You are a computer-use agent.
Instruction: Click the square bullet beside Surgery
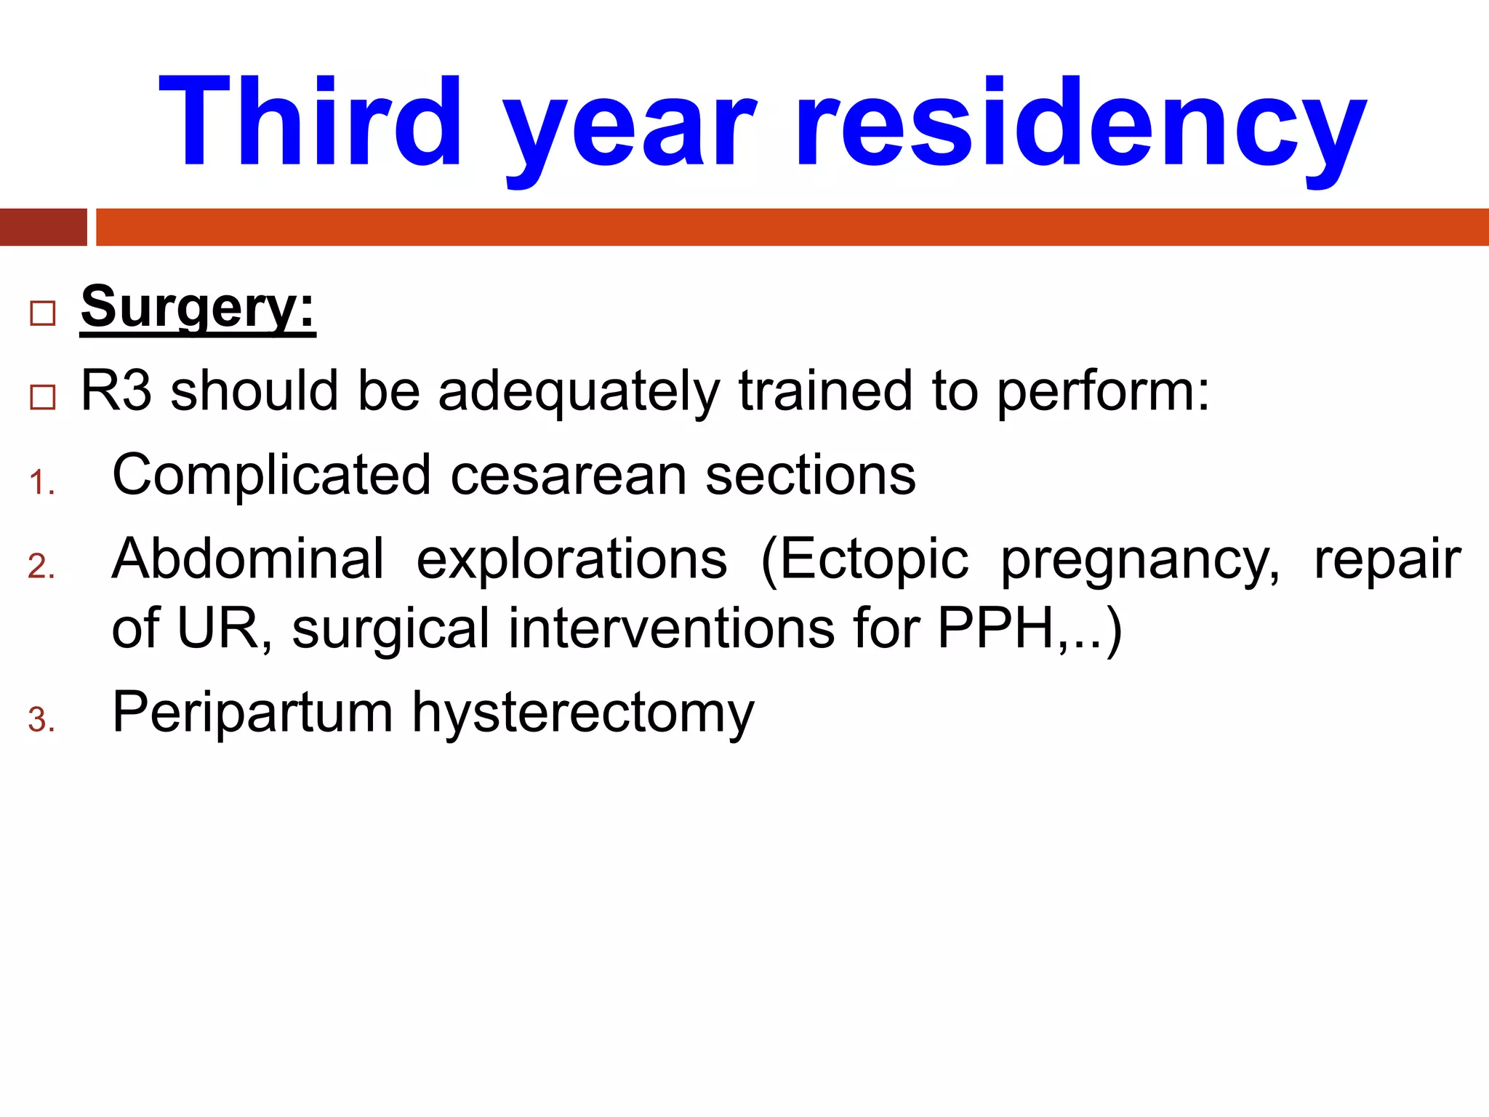click(x=43, y=313)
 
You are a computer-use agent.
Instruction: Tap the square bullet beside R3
click(x=43, y=397)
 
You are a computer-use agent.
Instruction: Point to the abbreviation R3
click(x=116, y=391)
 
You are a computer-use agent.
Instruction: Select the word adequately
click(x=578, y=393)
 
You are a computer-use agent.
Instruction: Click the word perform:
click(x=1103, y=393)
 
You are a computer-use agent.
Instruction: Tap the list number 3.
click(x=41, y=721)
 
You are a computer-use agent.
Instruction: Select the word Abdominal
click(x=248, y=559)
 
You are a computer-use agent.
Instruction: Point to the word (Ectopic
click(x=864, y=561)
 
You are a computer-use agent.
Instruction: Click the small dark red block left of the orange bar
click(x=43, y=228)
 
